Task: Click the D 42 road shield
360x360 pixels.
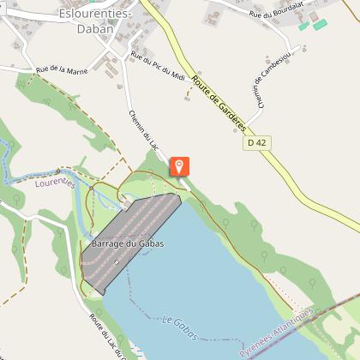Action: [x=256, y=141]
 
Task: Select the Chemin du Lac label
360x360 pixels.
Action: [x=141, y=130]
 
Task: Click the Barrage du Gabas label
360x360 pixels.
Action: [x=129, y=243]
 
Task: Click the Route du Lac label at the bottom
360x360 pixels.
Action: [x=108, y=337]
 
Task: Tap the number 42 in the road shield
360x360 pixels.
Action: [x=260, y=141]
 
